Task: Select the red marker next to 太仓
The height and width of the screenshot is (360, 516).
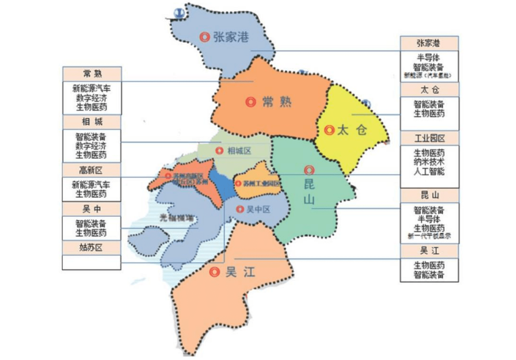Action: pyautogui.click(x=330, y=130)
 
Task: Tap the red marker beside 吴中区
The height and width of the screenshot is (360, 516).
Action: pyautogui.click(x=240, y=209)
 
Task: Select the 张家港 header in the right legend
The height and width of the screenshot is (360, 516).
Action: pyautogui.click(x=429, y=43)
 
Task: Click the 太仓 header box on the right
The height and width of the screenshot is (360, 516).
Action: pyautogui.click(x=429, y=89)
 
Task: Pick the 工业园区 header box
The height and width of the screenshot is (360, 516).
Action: pyautogui.click(x=429, y=138)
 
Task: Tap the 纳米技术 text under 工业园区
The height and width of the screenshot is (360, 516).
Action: pyautogui.click(x=429, y=162)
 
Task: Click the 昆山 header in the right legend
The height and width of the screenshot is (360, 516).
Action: pyautogui.click(x=429, y=196)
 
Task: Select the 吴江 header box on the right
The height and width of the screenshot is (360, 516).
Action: pyautogui.click(x=429, y=251)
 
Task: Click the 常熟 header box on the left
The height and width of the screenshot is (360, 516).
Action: pyautogui.click(x=92, y=74)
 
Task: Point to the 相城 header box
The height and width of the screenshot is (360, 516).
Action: pyautogui.click(x=92, y=122)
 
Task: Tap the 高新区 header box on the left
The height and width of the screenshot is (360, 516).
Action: pyautogui.click(x=92, y=169)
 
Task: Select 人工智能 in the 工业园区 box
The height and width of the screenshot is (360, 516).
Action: pyautogui.click(x=429, y=172)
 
